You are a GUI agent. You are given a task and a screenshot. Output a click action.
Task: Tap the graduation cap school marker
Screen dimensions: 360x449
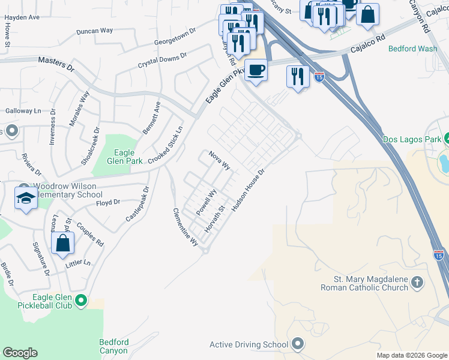tap(26, 198)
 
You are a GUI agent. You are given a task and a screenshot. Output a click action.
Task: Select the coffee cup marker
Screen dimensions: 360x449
tap(256, 70)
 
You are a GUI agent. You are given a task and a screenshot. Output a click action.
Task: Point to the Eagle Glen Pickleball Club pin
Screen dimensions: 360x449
tap(82, 300)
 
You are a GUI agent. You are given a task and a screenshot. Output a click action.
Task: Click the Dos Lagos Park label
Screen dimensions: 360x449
tap(411, 140)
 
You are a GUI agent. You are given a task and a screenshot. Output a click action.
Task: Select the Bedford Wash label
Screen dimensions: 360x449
tap(412, 49)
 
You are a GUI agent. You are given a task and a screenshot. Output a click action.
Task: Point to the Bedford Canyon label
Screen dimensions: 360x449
tap(113, 346)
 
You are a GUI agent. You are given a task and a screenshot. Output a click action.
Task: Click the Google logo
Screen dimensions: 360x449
tap(20, 353)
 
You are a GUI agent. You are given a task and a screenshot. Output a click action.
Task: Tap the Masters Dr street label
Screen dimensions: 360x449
tap(55, 61)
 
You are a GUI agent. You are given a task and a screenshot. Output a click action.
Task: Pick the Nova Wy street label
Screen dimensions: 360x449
tap(220, 160)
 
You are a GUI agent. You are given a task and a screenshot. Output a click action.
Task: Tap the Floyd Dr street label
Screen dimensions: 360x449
tap(109, 203)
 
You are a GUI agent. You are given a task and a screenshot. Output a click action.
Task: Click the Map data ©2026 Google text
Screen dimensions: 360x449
tap(412, 355)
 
